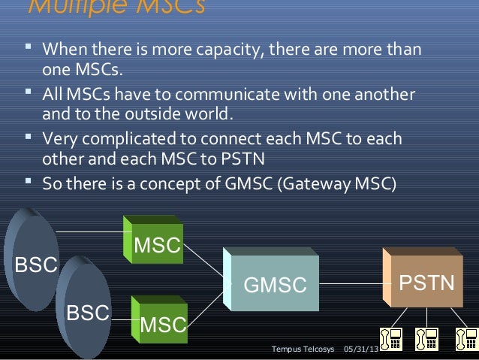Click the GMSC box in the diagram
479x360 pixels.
click(x=276, y=285)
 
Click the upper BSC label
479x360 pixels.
click(x=25, y=265)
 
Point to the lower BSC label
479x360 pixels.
click(x=89, y=312)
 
